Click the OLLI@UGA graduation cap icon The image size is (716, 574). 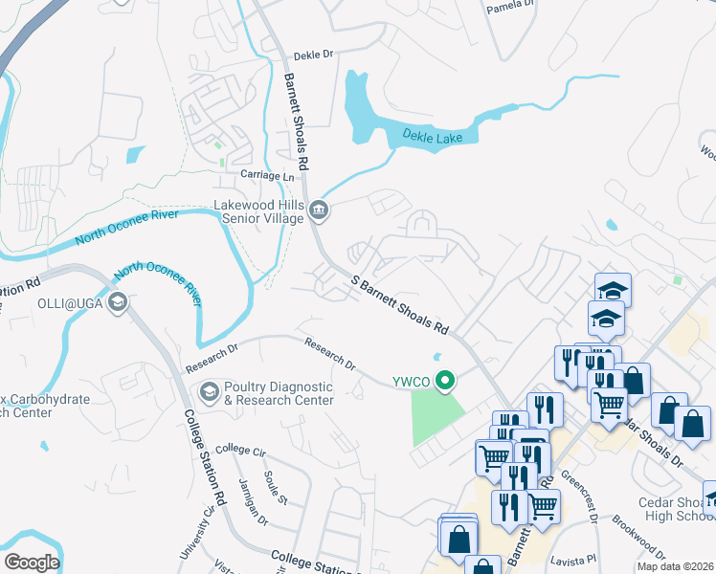tap(118, 303)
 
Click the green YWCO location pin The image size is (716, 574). tap(444, 382)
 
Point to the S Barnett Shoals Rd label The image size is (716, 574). tap(400, 305)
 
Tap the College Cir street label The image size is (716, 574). tap(239, 449)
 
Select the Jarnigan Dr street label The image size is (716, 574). tap(249, 497)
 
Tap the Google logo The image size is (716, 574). tap(32, 563)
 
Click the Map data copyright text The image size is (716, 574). tap(675, 566)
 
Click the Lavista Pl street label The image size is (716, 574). tap(577, 558)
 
